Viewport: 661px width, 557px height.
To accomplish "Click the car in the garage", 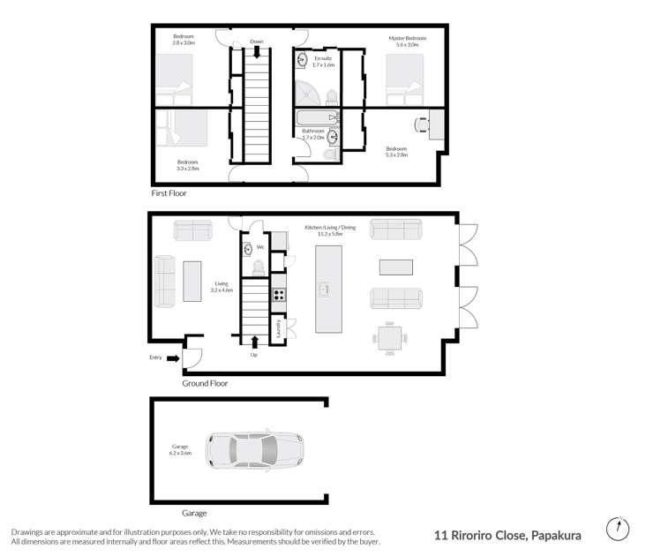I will (x=254, y=450).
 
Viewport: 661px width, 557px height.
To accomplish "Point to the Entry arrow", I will (x=173, y=358).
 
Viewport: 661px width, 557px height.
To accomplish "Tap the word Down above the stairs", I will (x=257, y=41).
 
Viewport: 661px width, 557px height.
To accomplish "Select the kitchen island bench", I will (x=328, y=289).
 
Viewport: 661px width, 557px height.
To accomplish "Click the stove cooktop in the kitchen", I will (x=279, y=294).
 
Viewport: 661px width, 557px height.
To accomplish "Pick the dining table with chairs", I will (x=389, y=336).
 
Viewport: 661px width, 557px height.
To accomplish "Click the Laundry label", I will (x=280, y=328).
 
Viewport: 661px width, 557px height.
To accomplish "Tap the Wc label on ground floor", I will (x=260, y=247).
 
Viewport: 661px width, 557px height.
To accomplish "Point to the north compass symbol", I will (x=620, y=529).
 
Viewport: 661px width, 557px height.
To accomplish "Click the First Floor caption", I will (x=169, y=192).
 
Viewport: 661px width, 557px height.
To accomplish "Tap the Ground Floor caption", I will (x=205, y=384).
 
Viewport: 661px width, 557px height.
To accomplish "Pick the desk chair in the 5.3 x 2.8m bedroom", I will (x=421, y=125).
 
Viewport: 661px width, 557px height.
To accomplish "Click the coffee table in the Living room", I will (x=192, y=282).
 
